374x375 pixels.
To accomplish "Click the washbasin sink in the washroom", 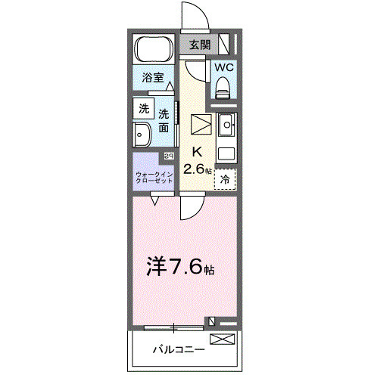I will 142,136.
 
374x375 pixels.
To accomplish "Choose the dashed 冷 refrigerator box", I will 226,179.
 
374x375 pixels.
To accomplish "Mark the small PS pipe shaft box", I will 168,156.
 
